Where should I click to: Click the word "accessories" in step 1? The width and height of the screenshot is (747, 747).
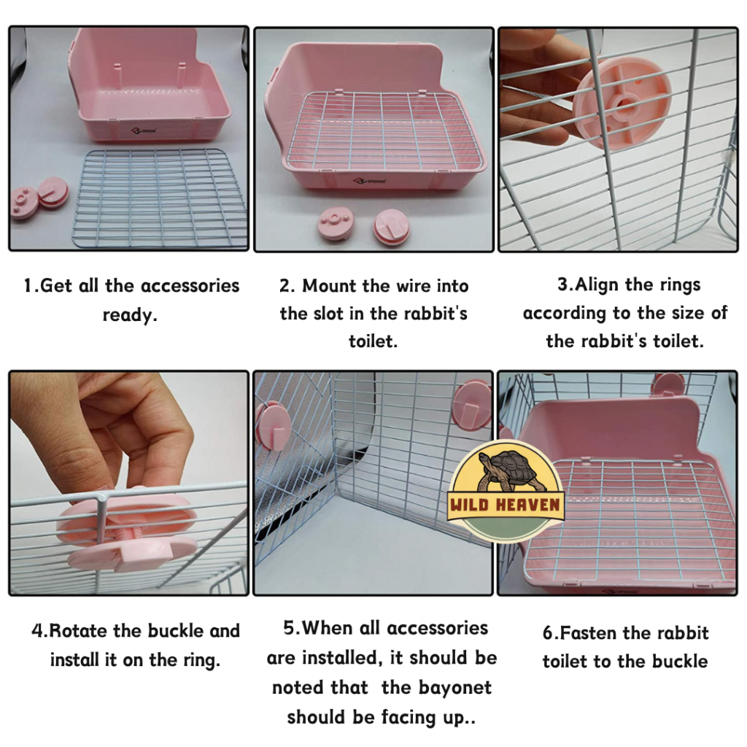[x=190, y=286]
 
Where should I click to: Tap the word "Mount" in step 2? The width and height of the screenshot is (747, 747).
[x=329, y=286]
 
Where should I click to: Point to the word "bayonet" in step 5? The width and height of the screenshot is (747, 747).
[x=455, y=688]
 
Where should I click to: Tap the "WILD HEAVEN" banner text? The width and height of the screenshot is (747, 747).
[x=505, y=505]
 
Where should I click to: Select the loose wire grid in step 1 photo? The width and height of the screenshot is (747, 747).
[x=160, y=198]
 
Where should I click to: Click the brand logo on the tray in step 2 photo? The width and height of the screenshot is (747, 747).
[x=370, y=181]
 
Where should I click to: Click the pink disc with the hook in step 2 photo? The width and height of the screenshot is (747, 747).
[x=392, y=225]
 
